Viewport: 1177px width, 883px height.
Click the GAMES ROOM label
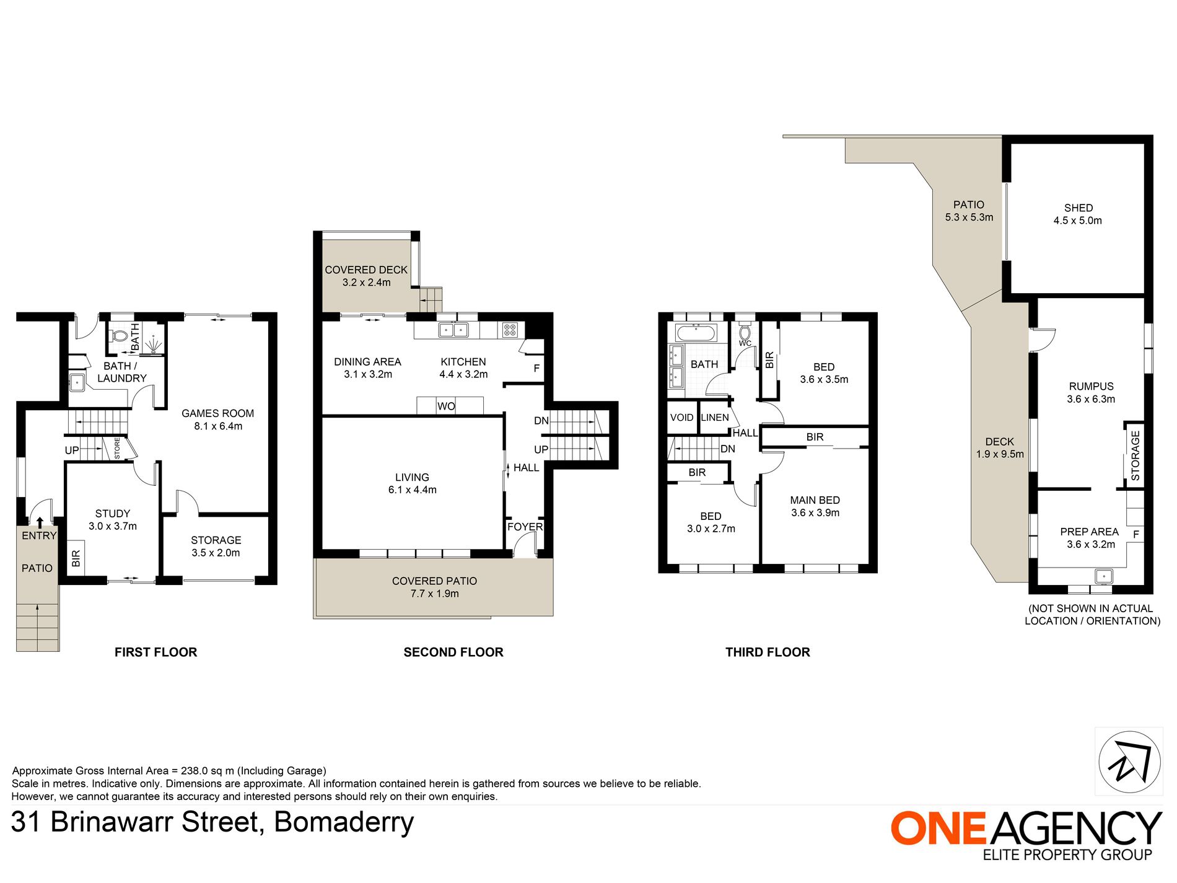[x=217, y=413]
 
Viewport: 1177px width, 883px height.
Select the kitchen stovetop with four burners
[x=509, y=330]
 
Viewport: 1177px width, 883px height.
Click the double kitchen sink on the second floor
[x=453, y=330]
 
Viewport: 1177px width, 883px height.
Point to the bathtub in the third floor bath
[x=696, y=333]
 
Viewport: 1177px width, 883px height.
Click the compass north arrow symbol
[x=1129, y=762]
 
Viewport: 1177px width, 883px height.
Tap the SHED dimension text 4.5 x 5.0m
[x=1078, y=221]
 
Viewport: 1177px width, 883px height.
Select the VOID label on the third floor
[x=681, y=418]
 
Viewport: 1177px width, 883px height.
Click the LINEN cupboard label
[x=715, y=418]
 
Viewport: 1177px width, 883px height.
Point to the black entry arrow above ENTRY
[x=40, y=523]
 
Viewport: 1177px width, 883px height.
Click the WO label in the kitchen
[x=446, y=406]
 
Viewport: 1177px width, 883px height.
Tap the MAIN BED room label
[x=815, y=500]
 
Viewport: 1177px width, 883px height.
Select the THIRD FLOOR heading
[x=768, y=652]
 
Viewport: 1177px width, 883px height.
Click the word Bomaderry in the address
[x=344, y=822]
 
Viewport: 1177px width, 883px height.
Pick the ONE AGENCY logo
[x=1026, y=835]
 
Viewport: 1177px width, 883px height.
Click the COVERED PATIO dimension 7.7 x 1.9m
[x=434, y=594]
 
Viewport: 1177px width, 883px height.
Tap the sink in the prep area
[x=1104, y=576]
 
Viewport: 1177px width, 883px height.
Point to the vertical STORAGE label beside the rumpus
[x=1135, y=455]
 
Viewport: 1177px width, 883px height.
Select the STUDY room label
[x=113, y=514]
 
